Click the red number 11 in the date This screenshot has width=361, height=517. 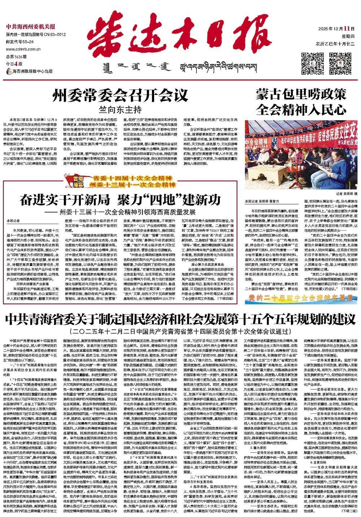[x=347, y=29]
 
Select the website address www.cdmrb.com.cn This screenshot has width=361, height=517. [x=22, y=49]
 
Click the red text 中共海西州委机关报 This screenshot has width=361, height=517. [x=31, y=26]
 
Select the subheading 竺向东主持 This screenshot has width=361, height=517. [x=121, y=109]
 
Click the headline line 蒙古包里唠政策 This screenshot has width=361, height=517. [x=301, y=95]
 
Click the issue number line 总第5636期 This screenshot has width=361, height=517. [x=17, y=56]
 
